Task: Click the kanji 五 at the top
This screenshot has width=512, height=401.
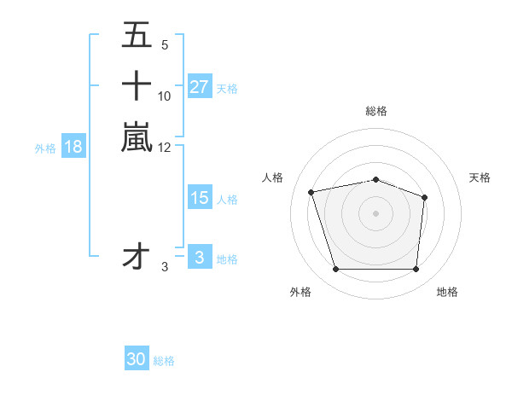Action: click(137, 36)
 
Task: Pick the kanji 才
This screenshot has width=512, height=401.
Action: click(137, 256)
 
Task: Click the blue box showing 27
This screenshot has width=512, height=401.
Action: click(199, 87)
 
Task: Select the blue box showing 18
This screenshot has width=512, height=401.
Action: click(73, 147)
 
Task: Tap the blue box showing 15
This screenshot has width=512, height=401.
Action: click(199, 198)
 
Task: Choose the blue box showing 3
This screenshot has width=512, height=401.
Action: click(199, 258)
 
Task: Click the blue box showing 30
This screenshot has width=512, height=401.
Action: click(137, 359)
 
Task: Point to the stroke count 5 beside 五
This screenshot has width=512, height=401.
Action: click(164, 44)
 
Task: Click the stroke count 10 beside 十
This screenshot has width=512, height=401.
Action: click(165, 96)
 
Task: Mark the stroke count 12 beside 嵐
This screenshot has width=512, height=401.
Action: click(165, 147)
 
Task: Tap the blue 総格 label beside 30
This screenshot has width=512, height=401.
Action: click(164, 361)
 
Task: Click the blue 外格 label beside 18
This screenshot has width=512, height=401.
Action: click(45, 148)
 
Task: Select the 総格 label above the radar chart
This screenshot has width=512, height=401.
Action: click(375, 111)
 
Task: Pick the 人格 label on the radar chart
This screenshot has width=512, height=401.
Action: click(272, 177)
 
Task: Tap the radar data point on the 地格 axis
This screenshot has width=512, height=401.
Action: click(416, 270)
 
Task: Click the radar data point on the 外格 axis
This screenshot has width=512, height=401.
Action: click(335, 270)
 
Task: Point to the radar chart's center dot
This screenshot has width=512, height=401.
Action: click(375, 213)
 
